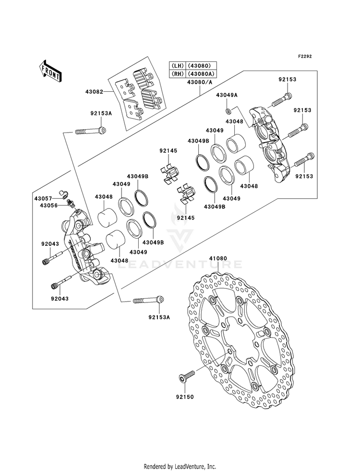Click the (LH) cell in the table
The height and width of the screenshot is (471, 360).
click(x=178, y=65)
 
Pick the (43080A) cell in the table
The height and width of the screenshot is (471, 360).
click(x=202, y=73)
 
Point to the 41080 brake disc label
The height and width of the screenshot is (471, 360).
click(x=218, y=258)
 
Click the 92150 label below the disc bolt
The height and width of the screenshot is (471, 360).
click(x=185, y=397)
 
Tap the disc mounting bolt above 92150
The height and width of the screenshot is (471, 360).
click(x=187, y=376)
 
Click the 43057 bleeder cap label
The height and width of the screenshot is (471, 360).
click(x=43, y=199)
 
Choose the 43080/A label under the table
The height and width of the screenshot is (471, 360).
click(x=199, y=82)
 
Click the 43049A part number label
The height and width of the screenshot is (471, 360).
click(x=227, y=95)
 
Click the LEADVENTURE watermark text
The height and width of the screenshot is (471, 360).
click(x=179, y=264)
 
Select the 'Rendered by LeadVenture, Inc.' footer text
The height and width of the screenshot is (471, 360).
click(x=180, y=466)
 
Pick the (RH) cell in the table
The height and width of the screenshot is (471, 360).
click(x=178, y=73)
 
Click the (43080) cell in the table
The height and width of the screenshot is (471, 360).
click(x=202, y=65)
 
